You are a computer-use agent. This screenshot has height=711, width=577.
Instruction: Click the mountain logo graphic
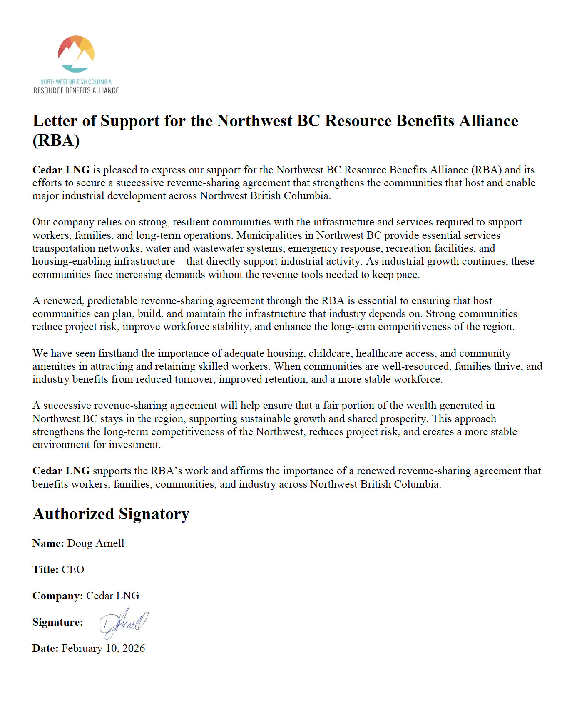click(76, 54)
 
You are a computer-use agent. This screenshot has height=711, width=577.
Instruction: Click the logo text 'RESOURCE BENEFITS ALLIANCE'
click(76, 90)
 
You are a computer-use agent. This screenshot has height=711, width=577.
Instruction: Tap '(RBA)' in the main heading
click(56, 140)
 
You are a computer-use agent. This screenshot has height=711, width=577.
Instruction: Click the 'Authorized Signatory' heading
click(111, 514)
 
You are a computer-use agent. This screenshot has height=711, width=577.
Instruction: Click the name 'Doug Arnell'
click(96, 543)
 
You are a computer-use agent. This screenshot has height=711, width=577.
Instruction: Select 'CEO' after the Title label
click(73, 570)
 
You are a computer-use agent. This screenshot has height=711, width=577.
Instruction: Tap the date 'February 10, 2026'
click(103, 648)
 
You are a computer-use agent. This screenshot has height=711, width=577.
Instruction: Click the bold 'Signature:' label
click(58, 622)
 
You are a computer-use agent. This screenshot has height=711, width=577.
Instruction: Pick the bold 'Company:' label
click(58, 596)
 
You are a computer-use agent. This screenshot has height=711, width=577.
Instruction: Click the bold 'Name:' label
click(48, 543)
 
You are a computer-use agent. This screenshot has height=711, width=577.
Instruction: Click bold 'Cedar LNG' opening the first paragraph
click(61, 170)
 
